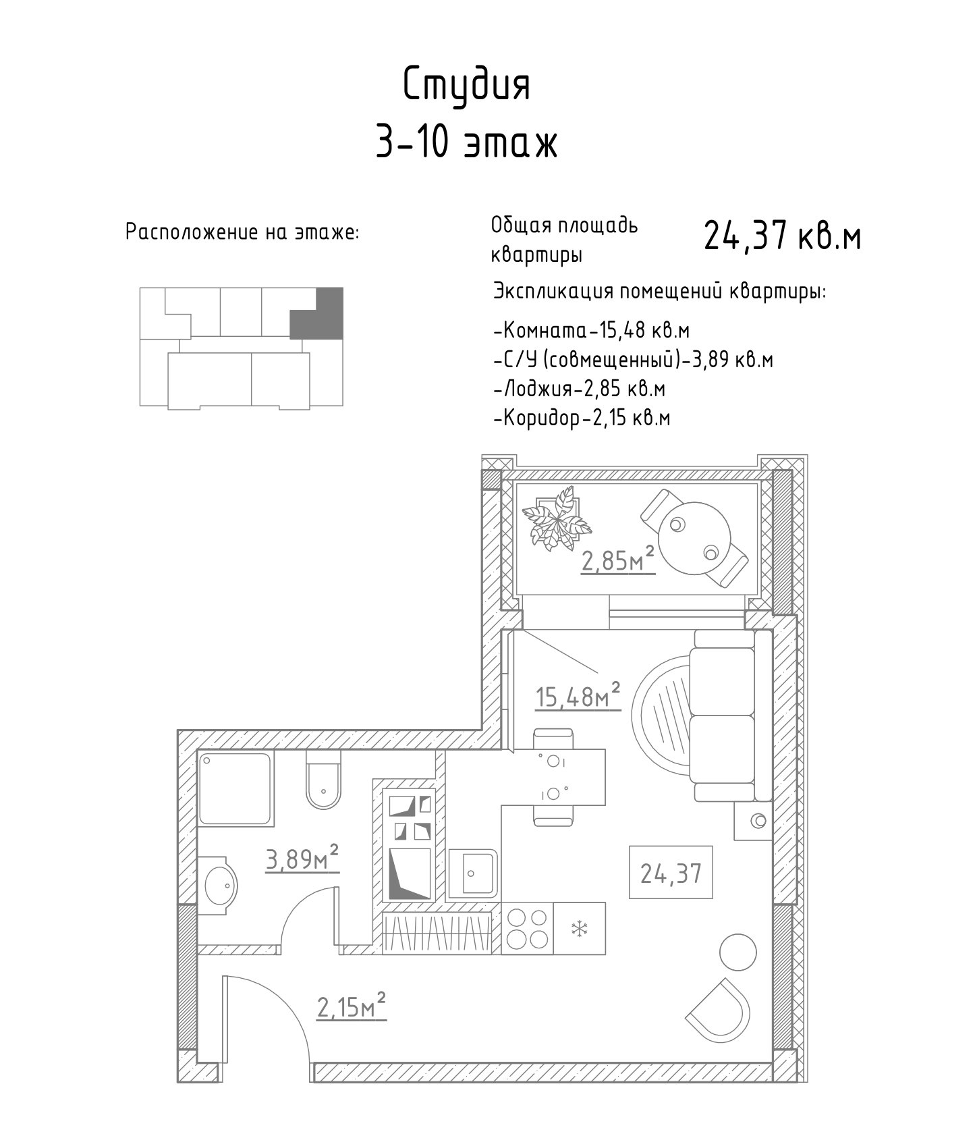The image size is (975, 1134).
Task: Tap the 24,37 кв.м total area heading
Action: coord(783,236)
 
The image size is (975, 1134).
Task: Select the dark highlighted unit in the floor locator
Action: coord(317,313)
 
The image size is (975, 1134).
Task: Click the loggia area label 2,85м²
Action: coord(618,560)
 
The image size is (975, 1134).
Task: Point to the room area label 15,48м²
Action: coord(578,696)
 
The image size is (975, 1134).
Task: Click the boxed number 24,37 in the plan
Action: coord(671,873)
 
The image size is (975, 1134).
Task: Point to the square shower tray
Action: coord(235,788)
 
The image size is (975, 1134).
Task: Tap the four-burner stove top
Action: coord(527,928)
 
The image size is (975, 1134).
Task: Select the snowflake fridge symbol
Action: coord(578,928)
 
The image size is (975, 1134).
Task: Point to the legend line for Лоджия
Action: coord(580,389)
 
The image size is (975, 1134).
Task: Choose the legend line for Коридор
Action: coord(582,418)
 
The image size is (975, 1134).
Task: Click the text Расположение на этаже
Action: coord(243,233)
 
